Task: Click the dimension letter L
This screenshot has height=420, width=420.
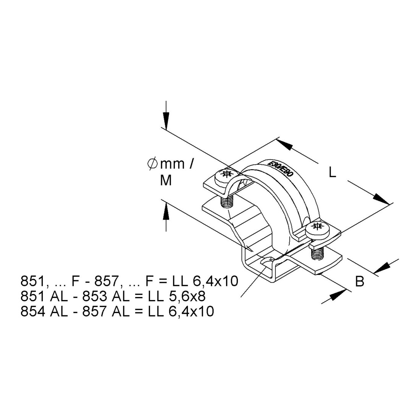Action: [x=332, y=173]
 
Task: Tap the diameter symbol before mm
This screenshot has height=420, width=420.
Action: [x=152, y=164]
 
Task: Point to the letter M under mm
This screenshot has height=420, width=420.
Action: [x=166, y=181]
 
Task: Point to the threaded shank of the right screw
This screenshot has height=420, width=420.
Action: [x=318, y=253]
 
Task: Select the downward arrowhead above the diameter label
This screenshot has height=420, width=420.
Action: [x=166, y=120]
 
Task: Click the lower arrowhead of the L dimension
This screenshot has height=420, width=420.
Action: [x=381, y=199]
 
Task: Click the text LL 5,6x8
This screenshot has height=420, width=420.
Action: [x=177, y=296]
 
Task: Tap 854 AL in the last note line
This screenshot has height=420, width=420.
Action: [x=44, y=311]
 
